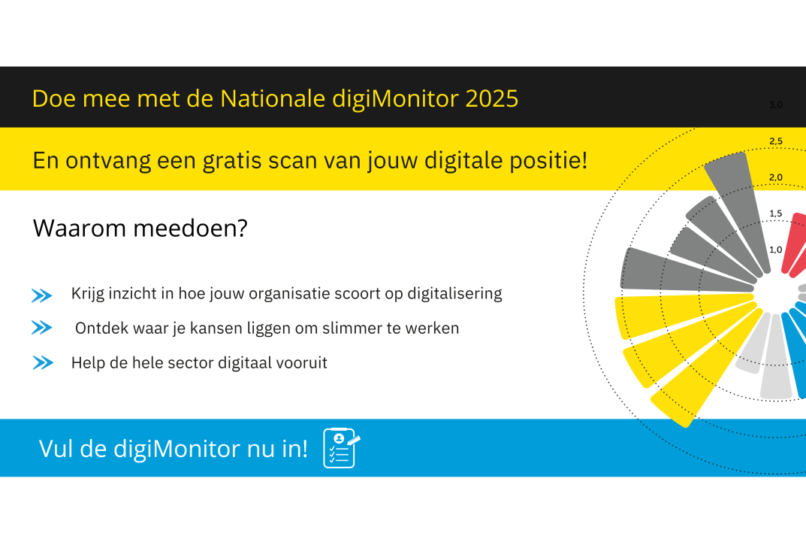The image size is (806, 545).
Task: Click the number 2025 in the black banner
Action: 491,98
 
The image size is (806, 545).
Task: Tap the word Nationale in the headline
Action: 273,98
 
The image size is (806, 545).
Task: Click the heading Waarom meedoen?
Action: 140,228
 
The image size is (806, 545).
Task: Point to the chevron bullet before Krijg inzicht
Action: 41,295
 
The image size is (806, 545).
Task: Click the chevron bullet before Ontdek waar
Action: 41,327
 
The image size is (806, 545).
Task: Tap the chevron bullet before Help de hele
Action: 43,362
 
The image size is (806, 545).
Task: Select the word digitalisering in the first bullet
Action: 454,294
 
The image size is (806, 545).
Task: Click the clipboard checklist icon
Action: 341,448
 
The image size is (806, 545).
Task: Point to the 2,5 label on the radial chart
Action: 776,141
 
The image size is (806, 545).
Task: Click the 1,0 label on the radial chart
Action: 776,250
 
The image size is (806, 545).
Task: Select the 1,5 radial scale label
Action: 776,213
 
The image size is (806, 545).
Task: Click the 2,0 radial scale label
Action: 776,177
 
